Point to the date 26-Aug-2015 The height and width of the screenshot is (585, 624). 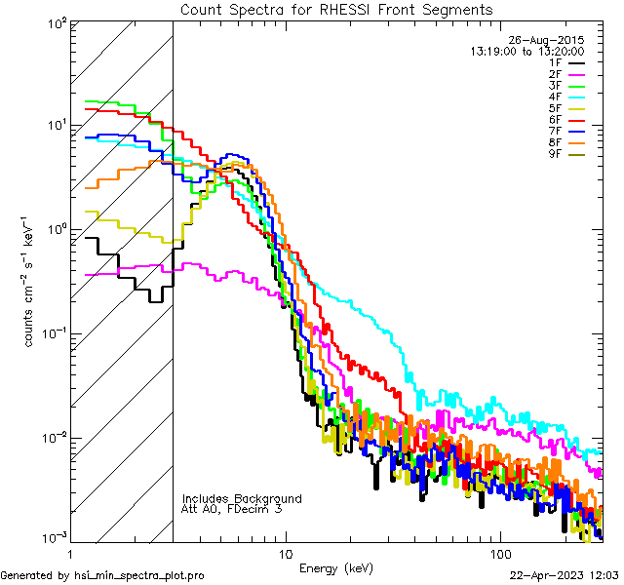[x=552, y=40]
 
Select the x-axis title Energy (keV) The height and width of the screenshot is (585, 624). [x=335, y=568]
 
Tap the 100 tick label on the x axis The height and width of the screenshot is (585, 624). [x=499, y=554]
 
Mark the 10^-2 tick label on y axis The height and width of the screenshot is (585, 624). [x=52, y=436]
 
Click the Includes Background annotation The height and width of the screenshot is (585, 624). [x=242, y=498]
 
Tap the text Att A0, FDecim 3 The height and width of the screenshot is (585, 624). [x=232, y=509]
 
